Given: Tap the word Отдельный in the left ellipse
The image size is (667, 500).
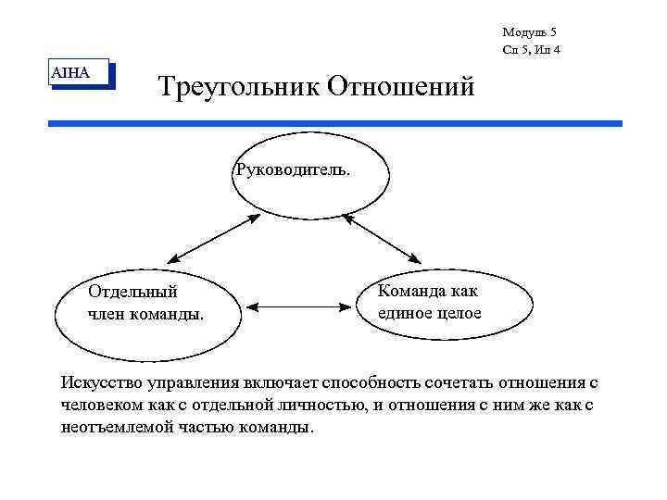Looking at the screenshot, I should point(132,293).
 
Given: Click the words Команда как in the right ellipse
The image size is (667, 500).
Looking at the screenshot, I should point(427,292).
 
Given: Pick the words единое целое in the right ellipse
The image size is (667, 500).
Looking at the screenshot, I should point(430,313).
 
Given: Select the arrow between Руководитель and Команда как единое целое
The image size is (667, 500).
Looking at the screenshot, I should point(383,238).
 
